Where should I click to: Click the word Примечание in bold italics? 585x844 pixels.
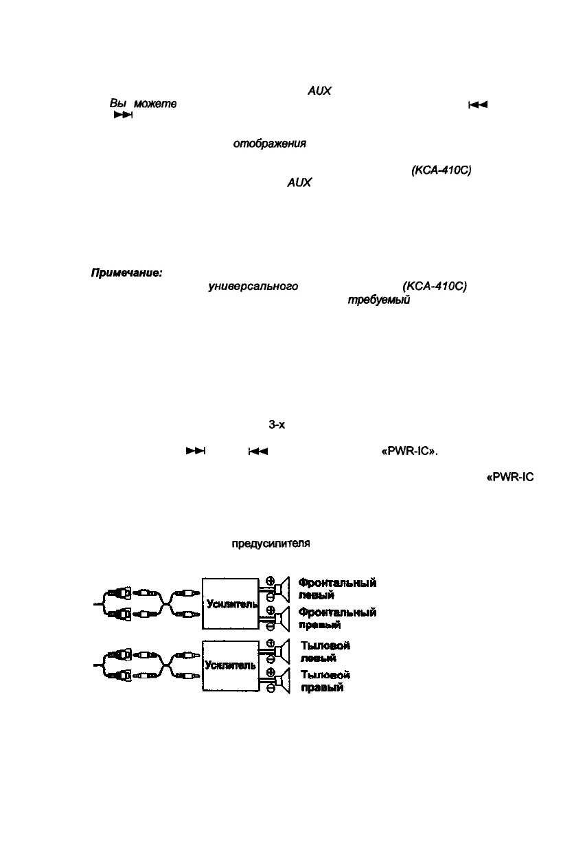pyautogui.click(x=126, y=274)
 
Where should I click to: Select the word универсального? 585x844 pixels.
pyautogui.click(x=253, y=287)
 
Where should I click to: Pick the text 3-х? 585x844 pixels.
pyautogui.click(x=277, y=425)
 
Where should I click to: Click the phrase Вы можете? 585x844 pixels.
pyautogui.click(x=143, y=103)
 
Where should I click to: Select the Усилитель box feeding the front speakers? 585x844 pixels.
pyautogui.click(x=230, y=603)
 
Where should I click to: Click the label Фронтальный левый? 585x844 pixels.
pyautogui.click(x=337, y=589)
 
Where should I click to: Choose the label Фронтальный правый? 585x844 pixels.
pyautogui.click(x=337, y=619)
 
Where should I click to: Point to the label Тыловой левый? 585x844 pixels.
pyautogui.click(x=325, y=652)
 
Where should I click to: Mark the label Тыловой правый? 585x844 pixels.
pyautogui.click(x=325, y=681)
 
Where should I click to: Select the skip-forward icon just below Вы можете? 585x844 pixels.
pyautogui.click(x=122, y=115)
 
